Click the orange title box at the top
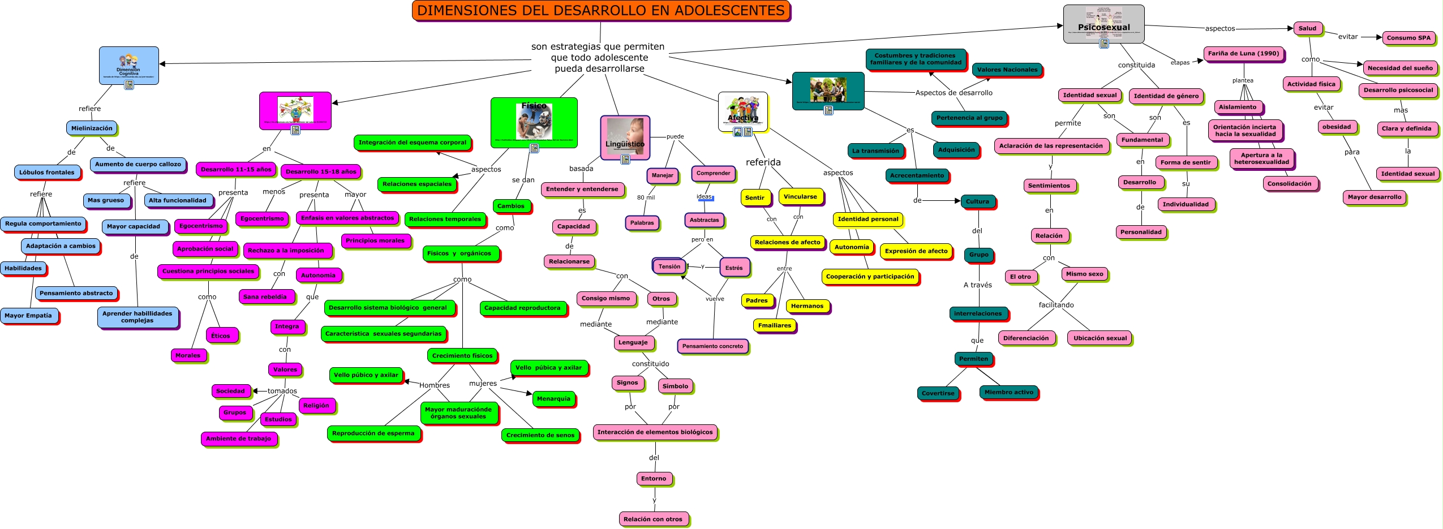coord(600,11)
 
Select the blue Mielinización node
coord(92,128)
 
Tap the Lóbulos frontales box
coord(47,173)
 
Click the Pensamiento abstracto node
coord(76,293)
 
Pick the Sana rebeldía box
coord(265,296)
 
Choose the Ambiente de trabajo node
coord(238,438)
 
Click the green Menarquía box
coord(553,399)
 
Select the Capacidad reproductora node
coord(522,308)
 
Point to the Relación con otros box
coord(652,519)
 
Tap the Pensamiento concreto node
coord(712,346)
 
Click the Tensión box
coord(669,266)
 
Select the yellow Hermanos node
coord(807,306)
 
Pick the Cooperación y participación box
coord(870,277)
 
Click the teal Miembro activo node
coord(1008,392)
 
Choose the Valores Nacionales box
coord(1007,70)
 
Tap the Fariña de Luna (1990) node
coord(1243,54)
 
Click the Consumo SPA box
coord(1408,38)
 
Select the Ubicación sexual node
coord(1100,338)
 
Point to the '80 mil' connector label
coord(646,197)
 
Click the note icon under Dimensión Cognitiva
coord(129,85)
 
